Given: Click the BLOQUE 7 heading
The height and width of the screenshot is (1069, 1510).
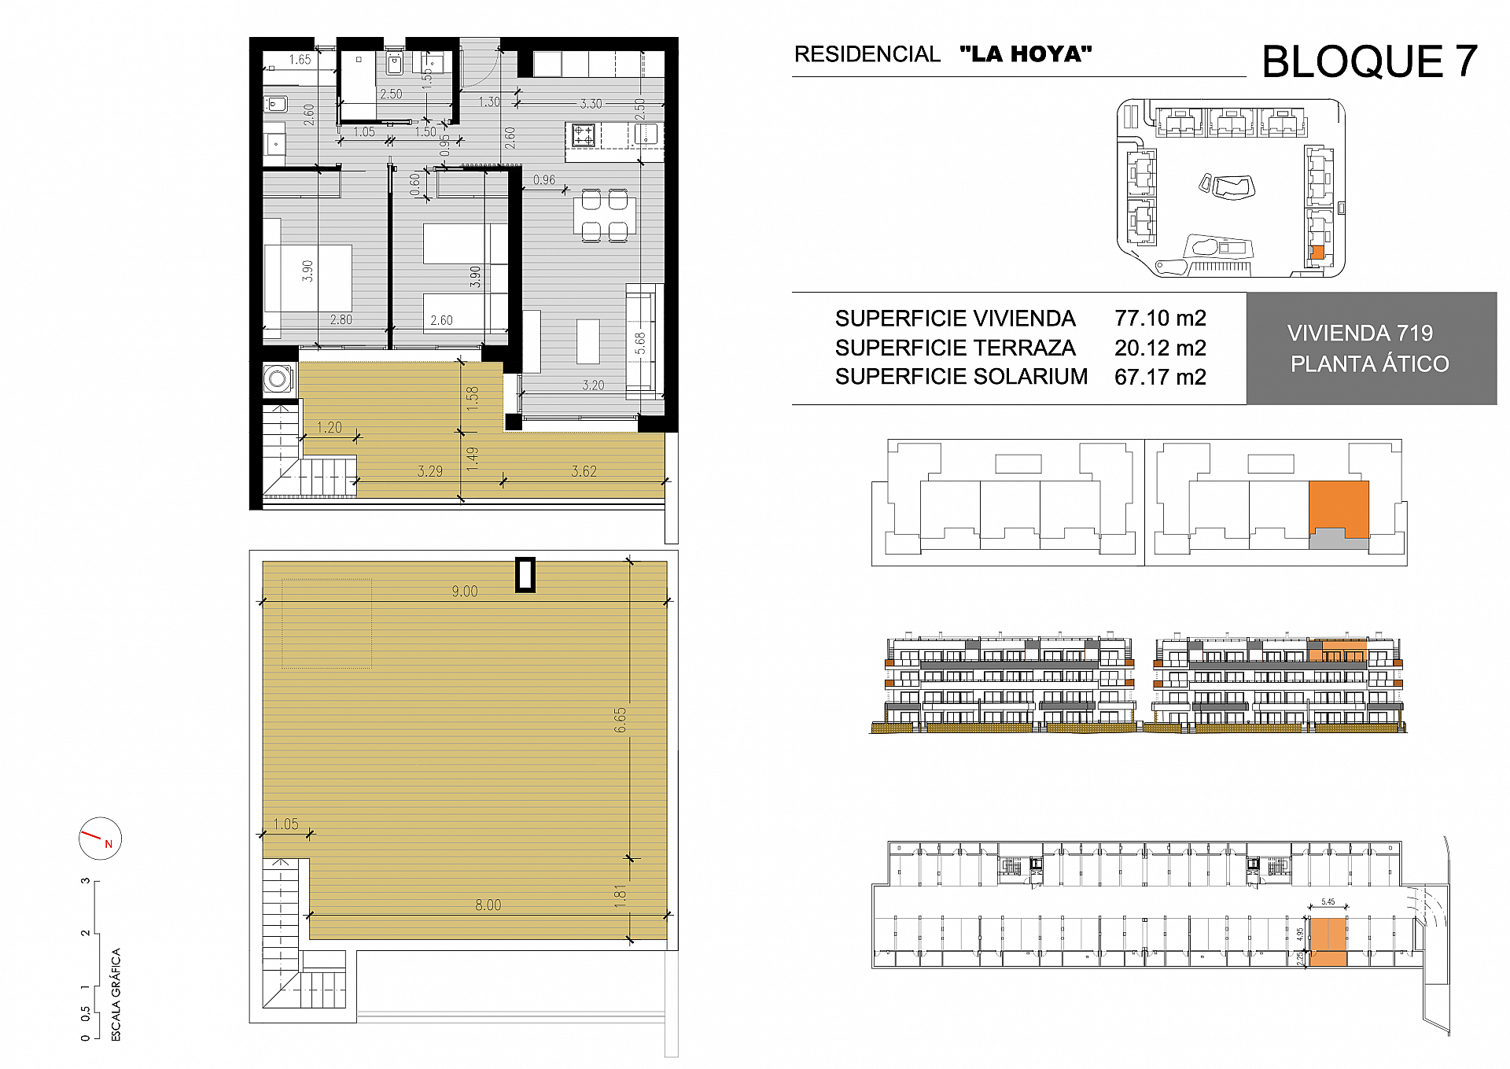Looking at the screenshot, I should pyautogui.click(x=1368, y=61).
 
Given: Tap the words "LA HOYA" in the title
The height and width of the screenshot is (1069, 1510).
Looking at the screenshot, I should pyautogui.click(x=1026, y=54).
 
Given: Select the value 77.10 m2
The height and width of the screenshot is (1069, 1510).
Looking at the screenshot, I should pyautogui.click(x=1159, y=318).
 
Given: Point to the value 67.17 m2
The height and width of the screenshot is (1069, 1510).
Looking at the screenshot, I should pyautogui.click(x=1159, y=377).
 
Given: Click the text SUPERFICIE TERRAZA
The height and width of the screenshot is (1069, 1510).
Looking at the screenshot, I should pyautogui.click(x=954, y=348).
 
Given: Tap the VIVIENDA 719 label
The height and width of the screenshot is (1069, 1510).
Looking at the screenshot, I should pyautogui.click(x=1360, y=334).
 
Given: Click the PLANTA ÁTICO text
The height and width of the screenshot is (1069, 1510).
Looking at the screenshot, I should pyautogui.click(x=1369, y=364).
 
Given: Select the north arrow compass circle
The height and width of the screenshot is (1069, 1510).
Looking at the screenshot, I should pyautogui.click(x=100, y=838).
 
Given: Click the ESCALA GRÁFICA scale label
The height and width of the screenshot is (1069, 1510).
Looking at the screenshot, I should pyautogui.click(x=116, y=994).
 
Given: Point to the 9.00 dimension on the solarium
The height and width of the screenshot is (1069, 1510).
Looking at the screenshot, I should pyautogui.click(x=464, y=592).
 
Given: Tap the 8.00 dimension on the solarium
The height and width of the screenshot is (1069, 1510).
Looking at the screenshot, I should pyautogui.click(x=488, y=905).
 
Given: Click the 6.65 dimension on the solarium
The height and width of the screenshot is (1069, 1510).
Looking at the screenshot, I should pyautogui.click(x=621, y=720).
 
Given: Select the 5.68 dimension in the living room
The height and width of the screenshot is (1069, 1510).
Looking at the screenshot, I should pyautogui.click(x=640, y=343).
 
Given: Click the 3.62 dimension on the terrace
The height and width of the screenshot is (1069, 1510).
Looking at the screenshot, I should pyautogui.click(x=584, y=471).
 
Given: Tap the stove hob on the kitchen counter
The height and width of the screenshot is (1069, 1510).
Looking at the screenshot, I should pyautogui.click(x=584, y=135).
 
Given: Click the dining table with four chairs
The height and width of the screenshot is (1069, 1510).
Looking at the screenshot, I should pyautogui.click(x=604, y=215).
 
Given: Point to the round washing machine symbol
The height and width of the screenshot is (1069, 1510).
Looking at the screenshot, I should pyautogui.click(x=278, y=379).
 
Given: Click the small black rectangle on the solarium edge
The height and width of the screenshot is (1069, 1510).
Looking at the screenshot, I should pyautogui.click(x=525, y=574).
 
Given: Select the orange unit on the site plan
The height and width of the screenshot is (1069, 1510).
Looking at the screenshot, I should pyautogui.click(x=1317, y=253).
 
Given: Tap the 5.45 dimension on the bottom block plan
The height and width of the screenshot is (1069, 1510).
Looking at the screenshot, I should pyautogui.click(x=1328, y=902).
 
